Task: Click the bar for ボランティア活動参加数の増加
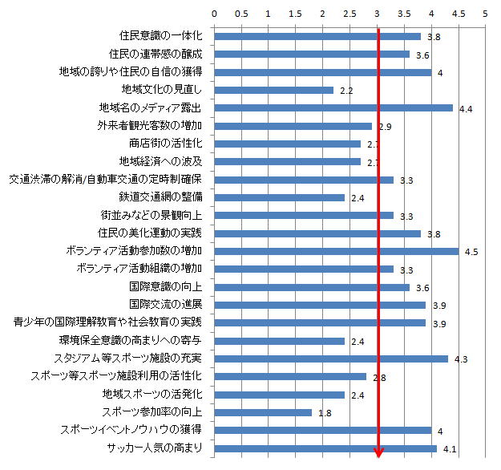[x=336, y=251]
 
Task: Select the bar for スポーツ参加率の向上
[x=263, y=412]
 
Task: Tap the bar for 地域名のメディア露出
[x=333, y=107]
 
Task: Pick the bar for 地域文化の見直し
[x=273, y=90]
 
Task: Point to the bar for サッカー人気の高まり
[x=325, y=448]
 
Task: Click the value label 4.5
[x=471, y=252]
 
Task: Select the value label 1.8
[x=325, y=413]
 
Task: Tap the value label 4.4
[x=466, y=108]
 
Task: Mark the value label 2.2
[x=346, y=91]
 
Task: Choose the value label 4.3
[x=460, y=359]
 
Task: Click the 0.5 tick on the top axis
[x=240, y=14]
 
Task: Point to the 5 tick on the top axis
[x=485, y=14]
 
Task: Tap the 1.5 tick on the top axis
[x=295, y=14]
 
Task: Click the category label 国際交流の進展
[x=165, y=305]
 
